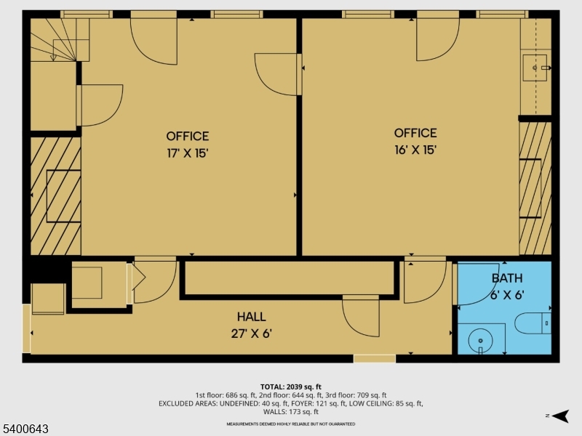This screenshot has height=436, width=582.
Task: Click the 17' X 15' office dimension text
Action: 188,153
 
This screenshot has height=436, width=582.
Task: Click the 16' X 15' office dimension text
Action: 415,150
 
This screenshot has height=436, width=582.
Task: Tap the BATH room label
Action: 506,278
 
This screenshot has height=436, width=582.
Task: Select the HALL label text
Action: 251,317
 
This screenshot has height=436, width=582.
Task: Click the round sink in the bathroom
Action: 480,339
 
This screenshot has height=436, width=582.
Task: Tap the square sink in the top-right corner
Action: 537,68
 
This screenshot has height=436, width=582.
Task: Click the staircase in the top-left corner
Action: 55,40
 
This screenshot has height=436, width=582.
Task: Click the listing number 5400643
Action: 25,429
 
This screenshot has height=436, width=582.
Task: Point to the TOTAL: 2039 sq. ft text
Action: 291,386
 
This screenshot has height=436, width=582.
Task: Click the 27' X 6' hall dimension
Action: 251,334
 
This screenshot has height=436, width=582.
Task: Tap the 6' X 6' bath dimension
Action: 506,295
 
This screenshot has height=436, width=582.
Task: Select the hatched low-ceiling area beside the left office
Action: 55,196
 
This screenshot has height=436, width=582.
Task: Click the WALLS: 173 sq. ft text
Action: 291,412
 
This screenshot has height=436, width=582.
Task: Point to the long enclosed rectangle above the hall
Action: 290,278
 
